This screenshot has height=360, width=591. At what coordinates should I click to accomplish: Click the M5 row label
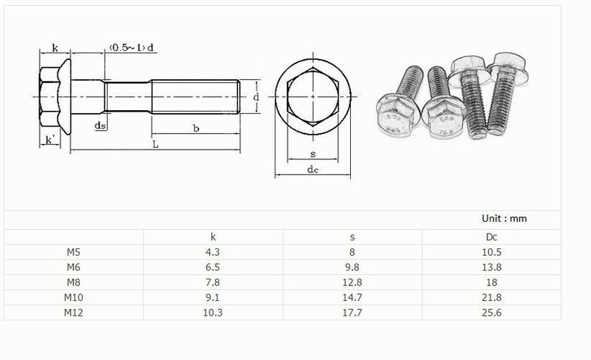[72, 252]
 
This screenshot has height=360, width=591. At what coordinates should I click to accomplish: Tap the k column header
[213, 237]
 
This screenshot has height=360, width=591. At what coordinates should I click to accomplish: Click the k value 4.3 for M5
[213, 252]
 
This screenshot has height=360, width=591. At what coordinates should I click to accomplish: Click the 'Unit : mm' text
[503, 219]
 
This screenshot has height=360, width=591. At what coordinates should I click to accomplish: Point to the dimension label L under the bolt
[155, 145]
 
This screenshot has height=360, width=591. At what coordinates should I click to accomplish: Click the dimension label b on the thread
[196, 129]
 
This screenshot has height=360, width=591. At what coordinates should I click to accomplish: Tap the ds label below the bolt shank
[99, 126]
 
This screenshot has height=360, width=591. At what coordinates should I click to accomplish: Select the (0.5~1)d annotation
[131, 48]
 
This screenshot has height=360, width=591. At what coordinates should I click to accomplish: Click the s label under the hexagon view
[312, 154]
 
